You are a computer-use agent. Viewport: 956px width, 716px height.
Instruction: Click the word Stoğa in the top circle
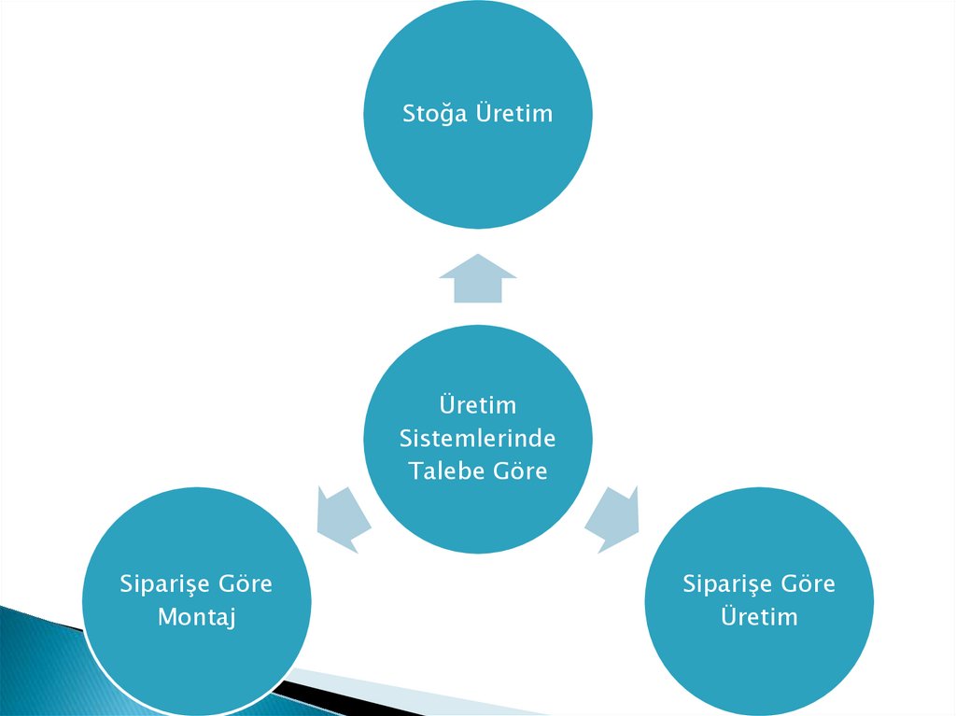[x=435, y=114]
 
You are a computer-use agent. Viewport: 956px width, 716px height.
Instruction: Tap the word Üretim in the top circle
[x=514, y=114]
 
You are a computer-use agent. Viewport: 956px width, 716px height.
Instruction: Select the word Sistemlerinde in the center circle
[x=477, y=438]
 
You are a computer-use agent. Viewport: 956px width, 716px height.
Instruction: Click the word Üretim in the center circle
[x=477, y=405]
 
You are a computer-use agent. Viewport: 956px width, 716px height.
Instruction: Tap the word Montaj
[x=196, y=617]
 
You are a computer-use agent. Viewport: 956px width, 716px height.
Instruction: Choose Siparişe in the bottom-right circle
[x=720, y=584]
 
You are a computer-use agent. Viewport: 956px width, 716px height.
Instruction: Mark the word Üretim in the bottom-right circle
[x=759, y=617]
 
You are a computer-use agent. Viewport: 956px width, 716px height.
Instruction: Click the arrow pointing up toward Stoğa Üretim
[x=478, y=279]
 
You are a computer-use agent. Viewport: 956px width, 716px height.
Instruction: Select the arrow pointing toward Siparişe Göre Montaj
[x=342, y=517]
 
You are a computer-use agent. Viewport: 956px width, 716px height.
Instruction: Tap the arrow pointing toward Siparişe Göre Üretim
[x=614, y=517]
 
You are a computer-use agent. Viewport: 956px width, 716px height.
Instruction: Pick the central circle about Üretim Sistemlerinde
[x=477, y=504]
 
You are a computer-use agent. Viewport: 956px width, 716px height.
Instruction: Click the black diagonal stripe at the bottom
[x=308, y=689]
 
